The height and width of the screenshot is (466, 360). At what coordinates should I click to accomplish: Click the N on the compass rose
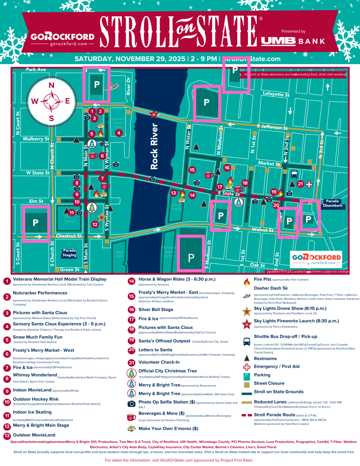(51, 85)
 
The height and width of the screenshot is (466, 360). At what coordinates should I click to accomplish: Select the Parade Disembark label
(333, 203)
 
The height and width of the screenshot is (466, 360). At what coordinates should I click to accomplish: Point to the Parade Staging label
(70, 253)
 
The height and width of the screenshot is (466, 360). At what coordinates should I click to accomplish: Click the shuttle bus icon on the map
(294, 174)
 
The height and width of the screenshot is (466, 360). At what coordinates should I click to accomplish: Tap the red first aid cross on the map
(309, 184)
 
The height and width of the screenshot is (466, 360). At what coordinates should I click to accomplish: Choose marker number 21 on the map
(300, 184)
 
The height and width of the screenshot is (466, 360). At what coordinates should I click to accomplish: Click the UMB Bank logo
(293, 41)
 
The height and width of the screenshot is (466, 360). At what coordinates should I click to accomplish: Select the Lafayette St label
(276, 94)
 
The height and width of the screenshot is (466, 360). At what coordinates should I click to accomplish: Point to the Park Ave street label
(36, 70)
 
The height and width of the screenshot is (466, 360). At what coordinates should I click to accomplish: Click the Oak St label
(257, 265)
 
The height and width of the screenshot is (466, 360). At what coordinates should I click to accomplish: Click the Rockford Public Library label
(118, 123)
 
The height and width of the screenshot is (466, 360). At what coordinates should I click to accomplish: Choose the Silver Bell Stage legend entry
(156, 310)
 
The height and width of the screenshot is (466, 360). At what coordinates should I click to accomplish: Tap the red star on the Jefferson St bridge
(154, 114)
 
